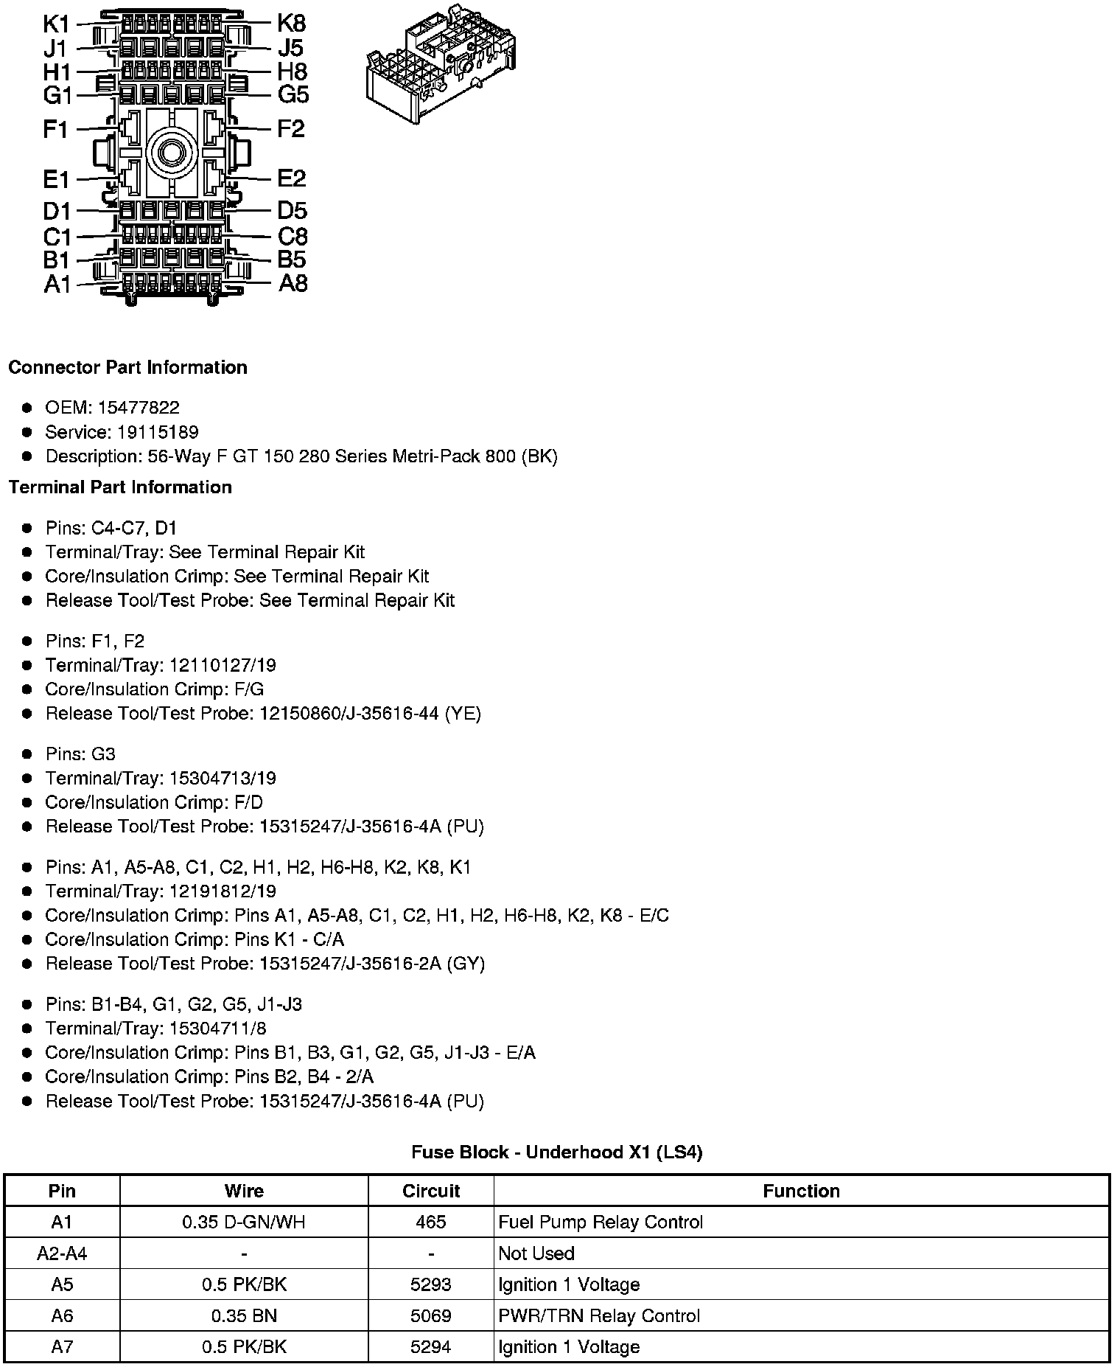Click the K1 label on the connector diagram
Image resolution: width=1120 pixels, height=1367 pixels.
(56, 24)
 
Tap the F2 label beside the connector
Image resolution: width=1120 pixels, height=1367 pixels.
(290, 129)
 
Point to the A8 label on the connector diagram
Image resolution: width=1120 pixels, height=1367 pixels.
(293, 283)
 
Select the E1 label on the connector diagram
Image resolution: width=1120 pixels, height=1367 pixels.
(56, 179)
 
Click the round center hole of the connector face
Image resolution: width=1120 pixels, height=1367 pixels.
(171, 153)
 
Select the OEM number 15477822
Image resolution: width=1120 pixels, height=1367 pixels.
(138, 408)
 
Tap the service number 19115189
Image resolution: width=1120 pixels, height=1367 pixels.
(158, 432)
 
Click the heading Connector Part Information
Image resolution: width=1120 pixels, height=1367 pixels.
(127, 367)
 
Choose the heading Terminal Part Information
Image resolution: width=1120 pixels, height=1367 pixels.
(120, 487)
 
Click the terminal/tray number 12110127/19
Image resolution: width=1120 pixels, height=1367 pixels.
(223, 665)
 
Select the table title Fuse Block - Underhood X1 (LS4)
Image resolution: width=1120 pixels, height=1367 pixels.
(556, 1152)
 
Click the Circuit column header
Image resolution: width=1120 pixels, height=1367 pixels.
(431, 1191)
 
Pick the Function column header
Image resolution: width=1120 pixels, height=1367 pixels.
(801, 1191)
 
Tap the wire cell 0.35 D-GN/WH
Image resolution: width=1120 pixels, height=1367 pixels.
(244, 1222)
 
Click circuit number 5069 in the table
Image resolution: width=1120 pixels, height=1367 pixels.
(431, 1315)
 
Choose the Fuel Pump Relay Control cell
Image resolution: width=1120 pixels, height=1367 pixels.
(601, 1222)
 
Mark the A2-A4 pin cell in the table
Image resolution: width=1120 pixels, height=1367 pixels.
(62, 1253)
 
